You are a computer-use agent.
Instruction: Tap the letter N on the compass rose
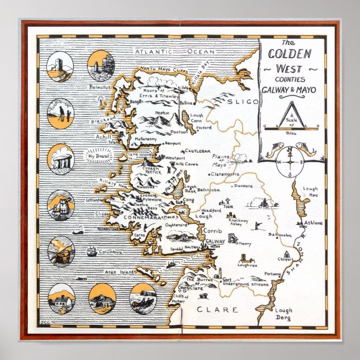coord(290,150)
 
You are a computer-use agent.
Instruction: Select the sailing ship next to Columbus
coord(92,251)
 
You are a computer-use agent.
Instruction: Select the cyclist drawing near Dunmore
coord(260,203)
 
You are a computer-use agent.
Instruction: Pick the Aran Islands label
coord(121,271)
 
